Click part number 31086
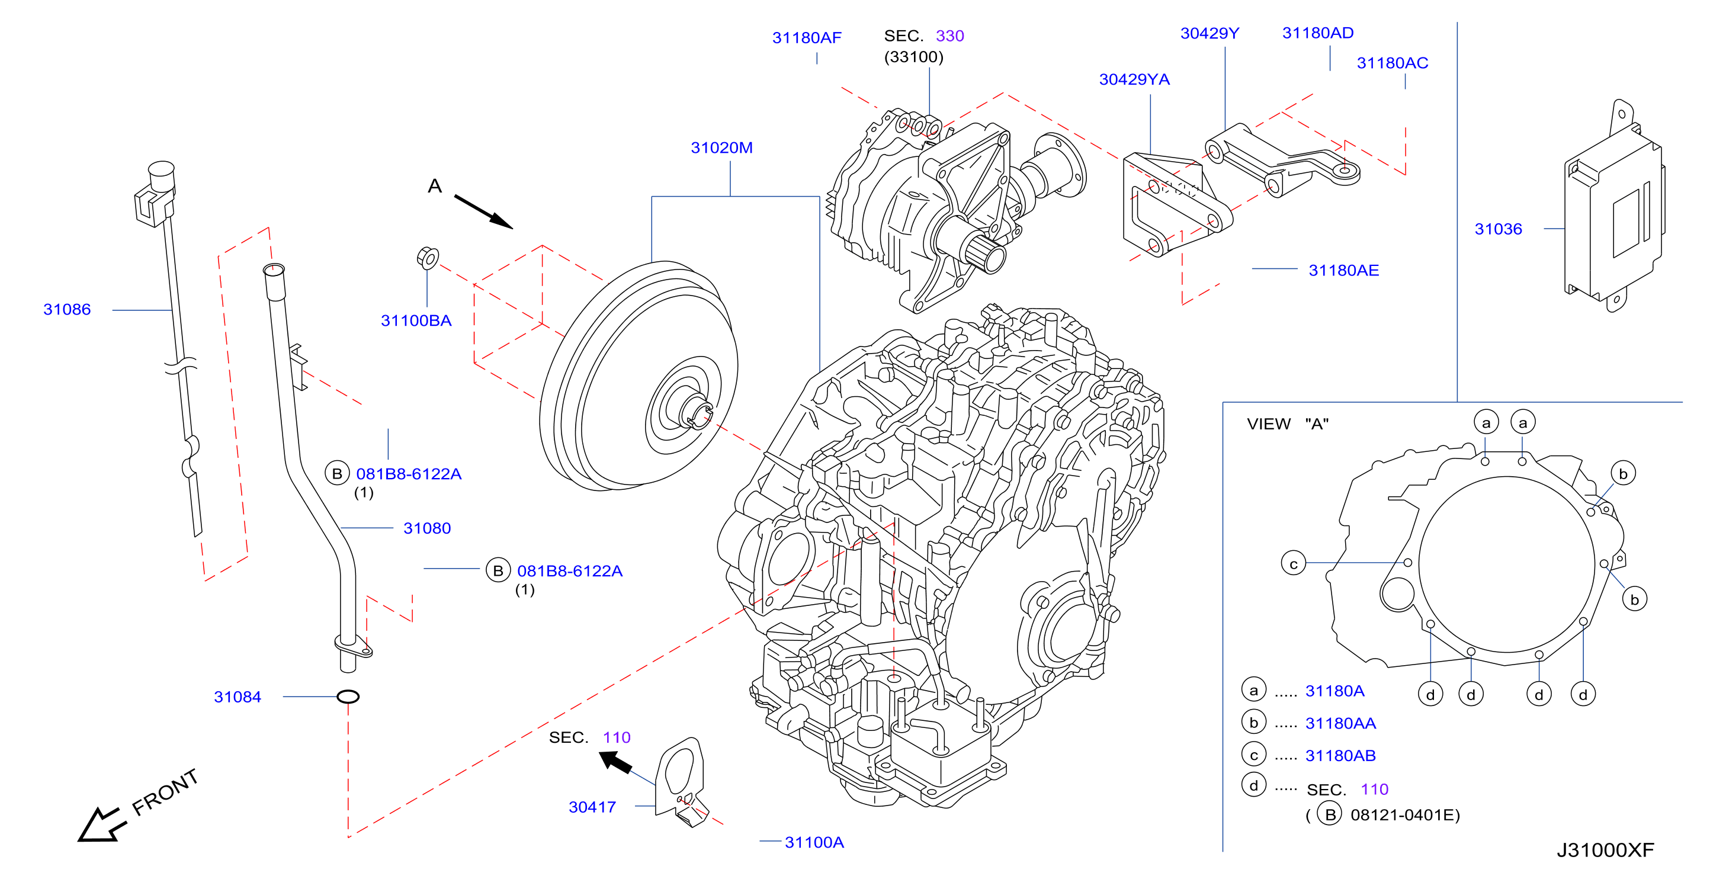tap(67, 310)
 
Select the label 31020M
tap(721, 147)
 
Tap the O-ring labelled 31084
tap(348, 697)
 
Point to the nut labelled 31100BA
tap(428, 258)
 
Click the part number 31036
tap(1498, 229)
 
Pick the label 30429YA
tap(1134, 80)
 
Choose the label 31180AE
tap(1343, 271)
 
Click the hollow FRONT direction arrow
tap(102, 825)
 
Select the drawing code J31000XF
tap(1605, 850)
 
